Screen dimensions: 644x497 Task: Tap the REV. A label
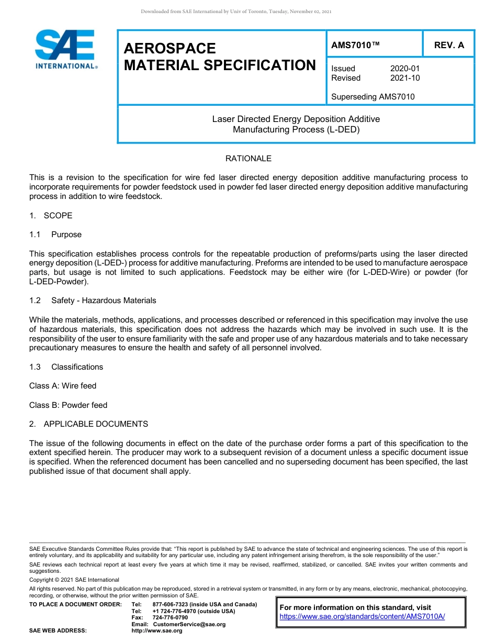click(x=449, y=45)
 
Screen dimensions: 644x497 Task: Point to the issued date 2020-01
click(x=404, y=69)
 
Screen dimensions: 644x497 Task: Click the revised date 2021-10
click(x=404, y=78)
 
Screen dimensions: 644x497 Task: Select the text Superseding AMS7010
click(x=372, y=96)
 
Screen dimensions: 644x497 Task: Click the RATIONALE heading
click(x=248, y=158)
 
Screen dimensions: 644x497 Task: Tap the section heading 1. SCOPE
click(x=51, y=215)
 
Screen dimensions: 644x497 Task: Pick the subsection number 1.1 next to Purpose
click(x=35, y=235)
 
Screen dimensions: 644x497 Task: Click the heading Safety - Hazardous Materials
click(x=104, y=301)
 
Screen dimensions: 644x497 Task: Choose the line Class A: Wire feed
click(x=63, y=386)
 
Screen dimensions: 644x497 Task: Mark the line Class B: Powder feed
click(x=68, y=405)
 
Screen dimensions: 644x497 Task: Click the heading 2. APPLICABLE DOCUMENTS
click(x=88, y=424)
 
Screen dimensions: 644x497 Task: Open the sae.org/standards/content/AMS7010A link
click(x=362, y=617)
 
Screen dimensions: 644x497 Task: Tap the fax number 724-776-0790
click(x=170, y=618)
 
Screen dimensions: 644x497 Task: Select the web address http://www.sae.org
click(x=156, y=631)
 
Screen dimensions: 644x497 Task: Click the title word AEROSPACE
click(x=170, y=48)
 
